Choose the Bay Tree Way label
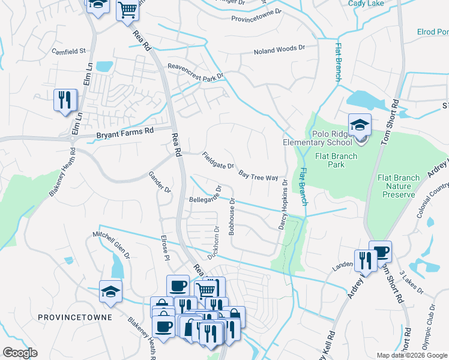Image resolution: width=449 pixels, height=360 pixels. pos(258,176)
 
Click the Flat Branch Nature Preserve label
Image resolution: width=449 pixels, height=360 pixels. pos(396,186)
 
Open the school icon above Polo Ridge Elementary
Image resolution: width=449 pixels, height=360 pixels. pos(360,125)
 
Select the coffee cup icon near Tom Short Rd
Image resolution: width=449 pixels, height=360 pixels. pos(380,251)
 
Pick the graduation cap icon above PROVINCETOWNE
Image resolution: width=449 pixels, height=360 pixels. pos(110,291)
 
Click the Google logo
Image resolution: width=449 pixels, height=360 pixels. pos(20,353)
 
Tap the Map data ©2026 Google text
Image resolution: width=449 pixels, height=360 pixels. pos(411,355)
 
